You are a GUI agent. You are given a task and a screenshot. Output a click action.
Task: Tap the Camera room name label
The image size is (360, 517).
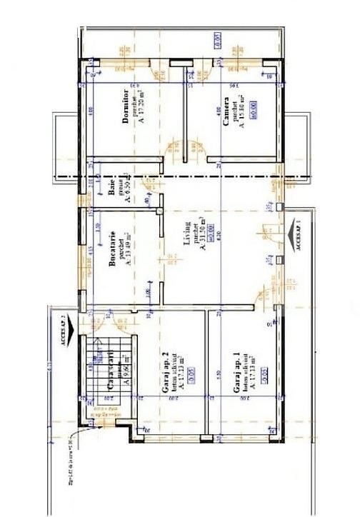point(226,111)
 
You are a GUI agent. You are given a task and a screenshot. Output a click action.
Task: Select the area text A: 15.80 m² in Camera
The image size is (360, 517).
point(241,111)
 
